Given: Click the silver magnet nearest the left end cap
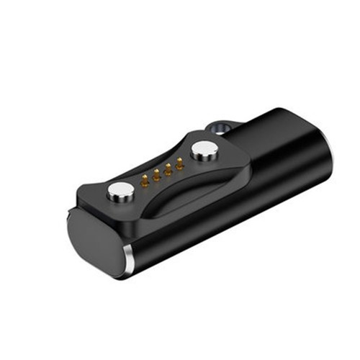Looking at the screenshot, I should click(120, 191).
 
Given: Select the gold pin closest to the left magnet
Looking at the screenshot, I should click(145, 179).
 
